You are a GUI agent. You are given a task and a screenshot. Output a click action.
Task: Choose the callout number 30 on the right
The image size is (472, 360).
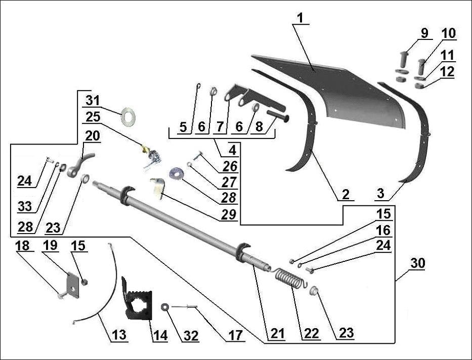(418, 263)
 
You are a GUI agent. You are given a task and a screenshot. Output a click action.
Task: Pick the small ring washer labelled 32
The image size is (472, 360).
(165, 307)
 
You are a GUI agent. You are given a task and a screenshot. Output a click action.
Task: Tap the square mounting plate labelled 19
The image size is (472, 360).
(73, 286)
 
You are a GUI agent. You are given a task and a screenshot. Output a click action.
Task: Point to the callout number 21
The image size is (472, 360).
(277, 333)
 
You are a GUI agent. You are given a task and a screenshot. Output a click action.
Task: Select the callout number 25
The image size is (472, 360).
(93, 117)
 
